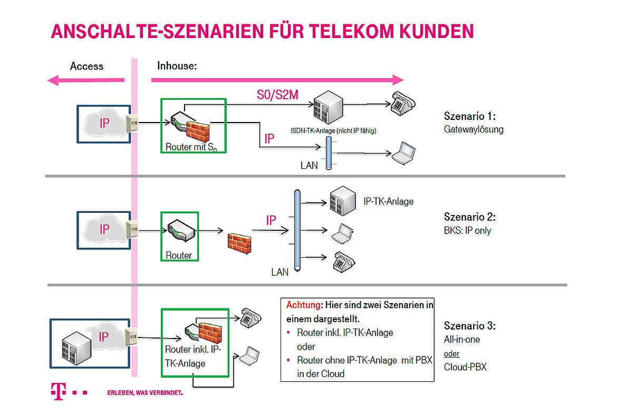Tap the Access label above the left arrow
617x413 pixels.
click(86, 67)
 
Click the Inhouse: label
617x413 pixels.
click(177, 67)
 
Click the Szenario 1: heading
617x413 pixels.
click(470, 116)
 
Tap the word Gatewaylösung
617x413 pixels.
click(474, 129)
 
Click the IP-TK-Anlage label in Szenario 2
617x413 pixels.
click(389, 201)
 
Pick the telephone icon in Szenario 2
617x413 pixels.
click(344, 261)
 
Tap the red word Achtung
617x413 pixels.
click(303, 305)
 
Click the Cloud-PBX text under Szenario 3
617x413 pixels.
click(465, 367)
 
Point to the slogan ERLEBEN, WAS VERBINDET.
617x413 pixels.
click(145, 393)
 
